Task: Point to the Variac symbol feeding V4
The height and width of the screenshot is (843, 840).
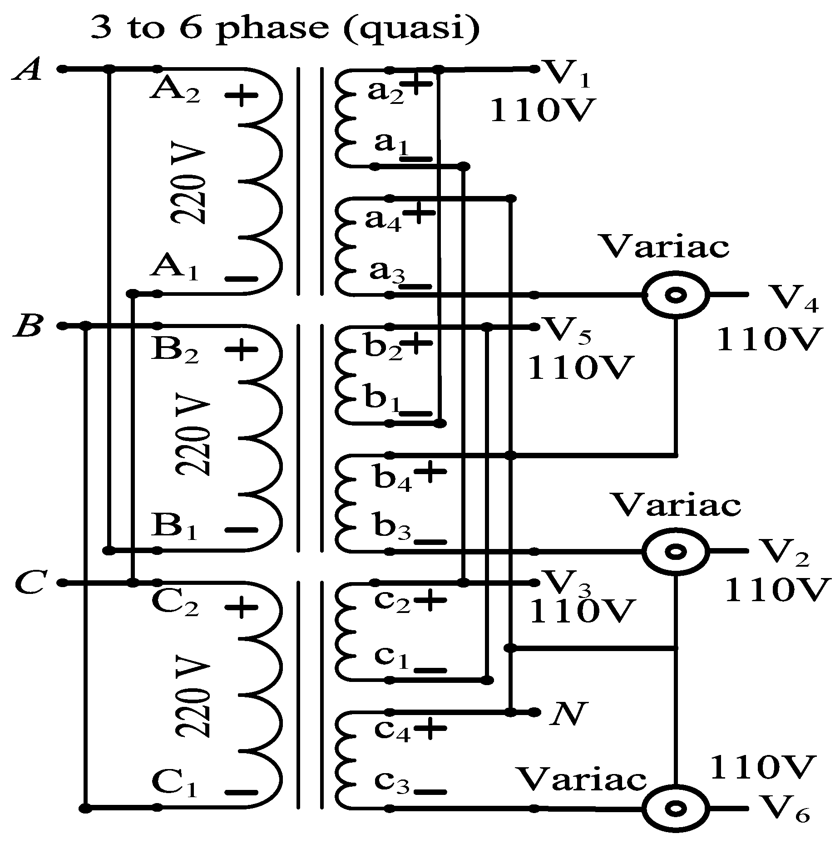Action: tap(675, 295)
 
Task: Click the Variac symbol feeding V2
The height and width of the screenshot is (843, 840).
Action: tap(675, 552)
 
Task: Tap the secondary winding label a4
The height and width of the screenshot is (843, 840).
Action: tap(383, 221)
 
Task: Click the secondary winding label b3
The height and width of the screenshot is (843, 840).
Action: tap(392, 528)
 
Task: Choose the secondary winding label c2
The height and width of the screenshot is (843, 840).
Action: tap(391, 602)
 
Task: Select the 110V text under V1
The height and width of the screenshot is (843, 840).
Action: tap(542, 110)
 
